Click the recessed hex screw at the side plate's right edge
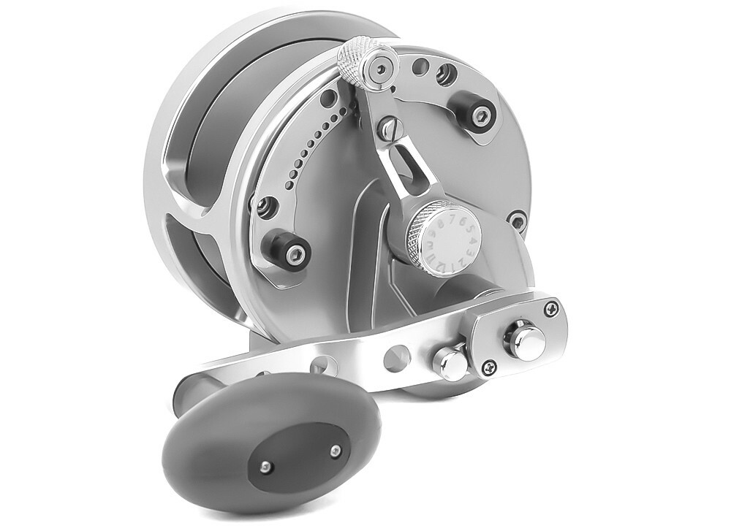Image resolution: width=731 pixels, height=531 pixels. (x=517, y=217)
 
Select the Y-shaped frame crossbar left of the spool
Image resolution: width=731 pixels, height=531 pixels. (x=183, y=219)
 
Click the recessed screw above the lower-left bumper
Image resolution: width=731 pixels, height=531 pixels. (x=266, y=205)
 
